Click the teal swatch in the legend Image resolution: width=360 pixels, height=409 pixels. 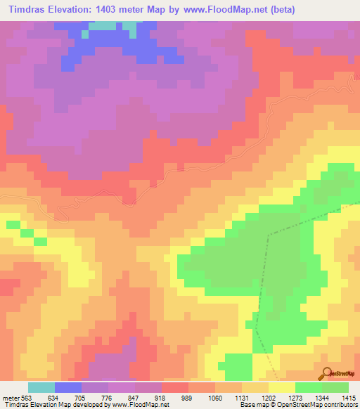[41, 387]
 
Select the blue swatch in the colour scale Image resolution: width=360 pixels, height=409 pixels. [68, 387]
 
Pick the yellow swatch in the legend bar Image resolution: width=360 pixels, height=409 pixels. [282, 387]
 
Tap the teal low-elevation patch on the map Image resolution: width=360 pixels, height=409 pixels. [102, 26]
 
